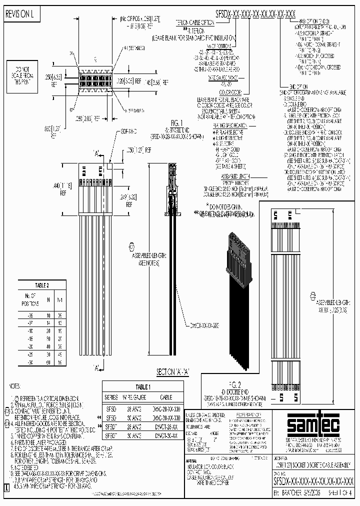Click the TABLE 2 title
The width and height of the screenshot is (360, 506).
41,284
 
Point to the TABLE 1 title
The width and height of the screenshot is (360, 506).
142,387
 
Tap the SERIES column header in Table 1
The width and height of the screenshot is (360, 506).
111,396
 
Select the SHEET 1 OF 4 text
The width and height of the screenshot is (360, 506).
335,492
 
